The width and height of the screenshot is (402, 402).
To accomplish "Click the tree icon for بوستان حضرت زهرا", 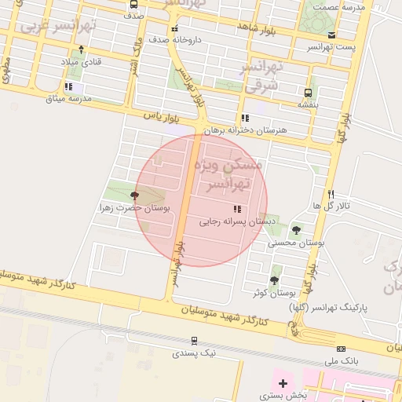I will click(x=135, y=196).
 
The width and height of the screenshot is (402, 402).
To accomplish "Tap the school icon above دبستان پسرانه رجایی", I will click(x=236, y=208).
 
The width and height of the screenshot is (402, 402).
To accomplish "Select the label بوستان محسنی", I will click(x=296, y=243).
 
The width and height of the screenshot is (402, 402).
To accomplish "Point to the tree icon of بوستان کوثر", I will click(x=274, y=280).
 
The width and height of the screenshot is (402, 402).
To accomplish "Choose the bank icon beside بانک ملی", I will click(x=340, y=349).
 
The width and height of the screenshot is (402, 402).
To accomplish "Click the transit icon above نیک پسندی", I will click(x=194, y=341).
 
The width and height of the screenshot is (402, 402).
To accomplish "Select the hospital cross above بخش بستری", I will click(x=283, y=383).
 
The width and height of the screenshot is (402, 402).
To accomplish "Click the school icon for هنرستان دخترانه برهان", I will click(x=246, y=118).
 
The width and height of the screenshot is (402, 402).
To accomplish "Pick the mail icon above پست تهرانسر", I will click(x=332, y=35).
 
